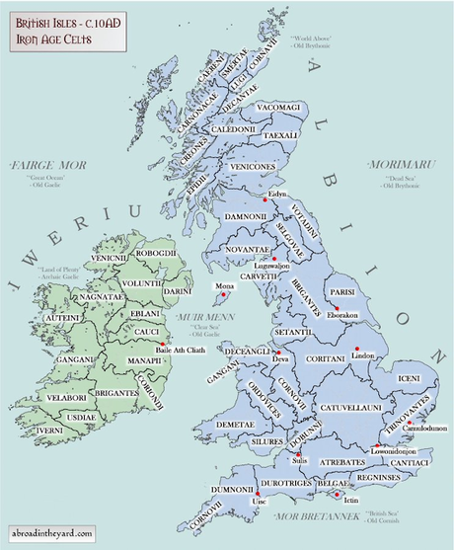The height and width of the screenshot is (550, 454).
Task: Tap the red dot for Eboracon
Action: (x=338, y=308)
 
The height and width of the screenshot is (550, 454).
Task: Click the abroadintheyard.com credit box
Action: (x=52, y=533)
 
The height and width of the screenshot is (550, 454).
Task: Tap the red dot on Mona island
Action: (x=225, y=293)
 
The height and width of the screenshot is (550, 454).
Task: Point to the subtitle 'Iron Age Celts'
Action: (x=47, y=39)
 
